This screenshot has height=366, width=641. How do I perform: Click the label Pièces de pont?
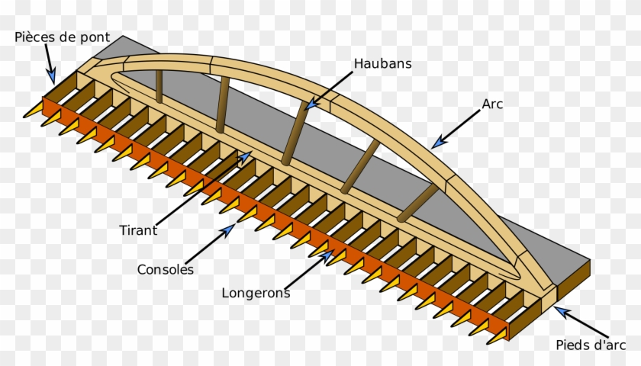click(63, 37)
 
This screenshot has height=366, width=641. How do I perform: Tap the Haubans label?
click(382, 63)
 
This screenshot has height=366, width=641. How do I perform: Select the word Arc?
click(493, 104)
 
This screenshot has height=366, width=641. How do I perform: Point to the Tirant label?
click(139, 230)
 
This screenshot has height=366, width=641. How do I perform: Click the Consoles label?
click(166, 269)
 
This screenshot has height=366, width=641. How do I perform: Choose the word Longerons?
click(256, 292)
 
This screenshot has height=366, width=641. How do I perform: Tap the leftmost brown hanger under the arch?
click(159, 86)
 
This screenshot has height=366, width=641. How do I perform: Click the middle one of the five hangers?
click(294, 133)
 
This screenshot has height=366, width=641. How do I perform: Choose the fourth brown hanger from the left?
click(358, 166)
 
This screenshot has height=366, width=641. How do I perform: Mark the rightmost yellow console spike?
click(478, 330)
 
